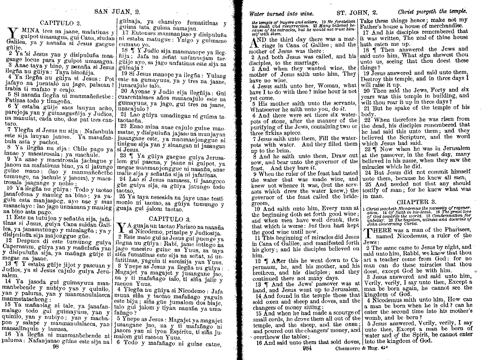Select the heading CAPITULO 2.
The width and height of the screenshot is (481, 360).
click(60, 23)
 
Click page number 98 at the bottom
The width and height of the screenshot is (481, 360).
click(55, 347)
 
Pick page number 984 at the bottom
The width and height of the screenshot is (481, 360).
click(307, 348)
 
